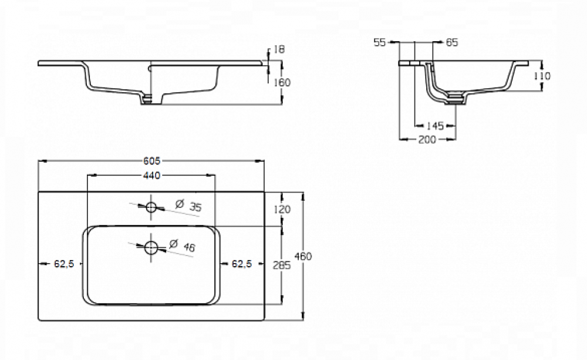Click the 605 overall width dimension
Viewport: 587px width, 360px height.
(151, 160)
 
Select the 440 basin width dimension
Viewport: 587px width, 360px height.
(150, 175)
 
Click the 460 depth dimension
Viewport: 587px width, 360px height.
(303, 256)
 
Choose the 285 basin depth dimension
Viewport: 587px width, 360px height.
(282, 265)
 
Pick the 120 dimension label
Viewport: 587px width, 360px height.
(282, 210)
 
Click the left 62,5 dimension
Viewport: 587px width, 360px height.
(63, 264)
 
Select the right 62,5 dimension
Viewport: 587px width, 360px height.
(242, 264)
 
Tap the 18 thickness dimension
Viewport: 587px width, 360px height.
(279, 50)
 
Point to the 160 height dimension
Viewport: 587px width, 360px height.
(282, 82)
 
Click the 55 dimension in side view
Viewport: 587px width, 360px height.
(379, 42)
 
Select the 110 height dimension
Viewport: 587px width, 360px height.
(542, 76)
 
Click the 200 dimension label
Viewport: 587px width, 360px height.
(428, 139)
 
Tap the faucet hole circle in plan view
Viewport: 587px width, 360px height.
(151, 207)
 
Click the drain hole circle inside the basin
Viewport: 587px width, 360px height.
(151, 247)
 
